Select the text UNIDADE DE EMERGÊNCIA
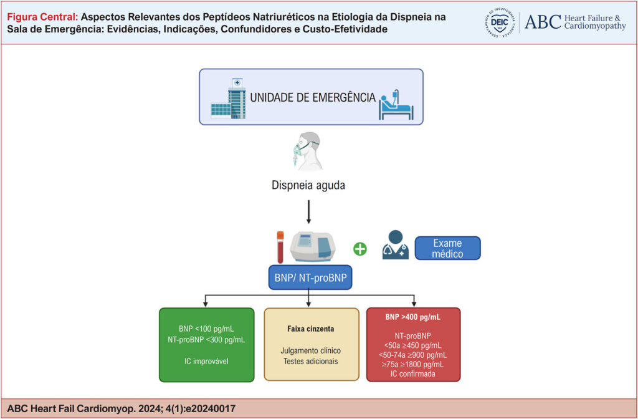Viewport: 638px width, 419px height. pos(313,98)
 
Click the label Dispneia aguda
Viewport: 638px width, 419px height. pos(308,186)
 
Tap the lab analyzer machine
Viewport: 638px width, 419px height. pos(314,248)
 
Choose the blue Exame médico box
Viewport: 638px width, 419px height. pos(447,248)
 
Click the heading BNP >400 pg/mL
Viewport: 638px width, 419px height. pos(414,317)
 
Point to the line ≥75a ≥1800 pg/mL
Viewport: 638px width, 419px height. pos(414,364)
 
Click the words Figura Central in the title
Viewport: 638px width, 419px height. pos(42,17)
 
